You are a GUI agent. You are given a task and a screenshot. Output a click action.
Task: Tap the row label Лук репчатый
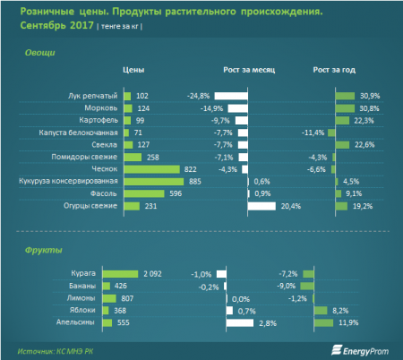(92, 95)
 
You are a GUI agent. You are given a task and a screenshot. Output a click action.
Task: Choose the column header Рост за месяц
(248, 69)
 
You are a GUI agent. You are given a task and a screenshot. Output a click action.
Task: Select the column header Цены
(133, 69)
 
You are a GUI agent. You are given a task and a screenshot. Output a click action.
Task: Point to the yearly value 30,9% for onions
(368, 95)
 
